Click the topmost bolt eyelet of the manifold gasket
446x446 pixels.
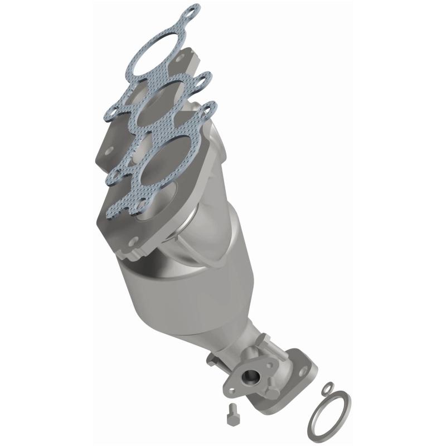point(192,9)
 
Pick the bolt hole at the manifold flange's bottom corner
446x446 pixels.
point(132,243)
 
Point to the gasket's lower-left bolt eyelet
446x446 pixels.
point(114,177)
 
